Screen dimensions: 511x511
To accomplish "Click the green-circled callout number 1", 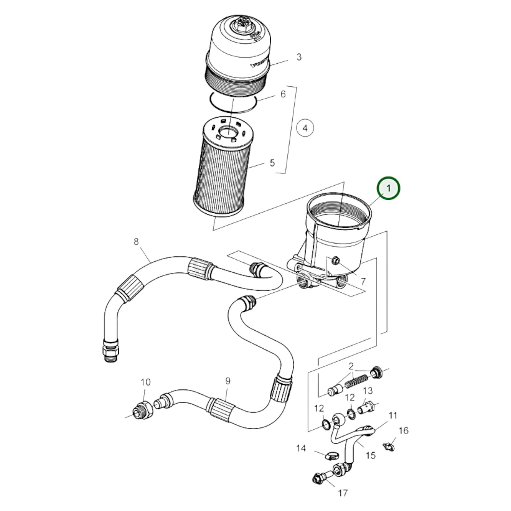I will pos(388,188).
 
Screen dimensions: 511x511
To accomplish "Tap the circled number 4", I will pos(305,128).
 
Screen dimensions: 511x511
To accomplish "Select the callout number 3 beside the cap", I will pos(299,57).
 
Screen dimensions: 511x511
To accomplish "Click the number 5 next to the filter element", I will pos(272,163).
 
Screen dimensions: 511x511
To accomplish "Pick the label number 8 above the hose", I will pos(136,242).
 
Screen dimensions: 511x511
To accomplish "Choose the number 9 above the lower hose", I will pos(227,381).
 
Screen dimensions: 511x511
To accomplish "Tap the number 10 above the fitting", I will pos(145,382).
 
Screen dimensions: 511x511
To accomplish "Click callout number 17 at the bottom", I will pos(343,493).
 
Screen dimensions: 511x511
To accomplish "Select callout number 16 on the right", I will pos(403,430).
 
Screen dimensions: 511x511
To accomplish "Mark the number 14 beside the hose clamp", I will pos(301,448).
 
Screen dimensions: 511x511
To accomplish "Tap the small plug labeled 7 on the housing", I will pos(334,261).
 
